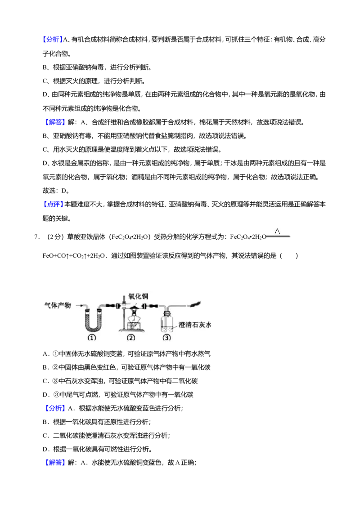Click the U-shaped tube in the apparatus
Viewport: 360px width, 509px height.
pos(92,326)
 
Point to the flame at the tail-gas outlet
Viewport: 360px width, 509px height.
pos(196,304)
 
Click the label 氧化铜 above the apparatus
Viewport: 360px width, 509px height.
pos(139,296)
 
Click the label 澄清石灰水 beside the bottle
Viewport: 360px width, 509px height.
pos(195,325)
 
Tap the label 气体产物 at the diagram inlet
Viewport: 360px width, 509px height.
pos(58,305)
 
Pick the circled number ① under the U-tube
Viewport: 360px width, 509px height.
pos(92,338)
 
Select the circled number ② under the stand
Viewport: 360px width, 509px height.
pos(131,338)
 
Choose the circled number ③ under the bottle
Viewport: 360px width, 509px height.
pos(166,338)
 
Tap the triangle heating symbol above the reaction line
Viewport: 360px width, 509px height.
pos(277,232)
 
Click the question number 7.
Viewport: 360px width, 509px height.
pos(37,237)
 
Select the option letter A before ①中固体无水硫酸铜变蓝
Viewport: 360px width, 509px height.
pos(46,354)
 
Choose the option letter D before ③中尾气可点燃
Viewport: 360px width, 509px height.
pos(46,395)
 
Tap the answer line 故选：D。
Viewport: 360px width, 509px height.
pos(56,191)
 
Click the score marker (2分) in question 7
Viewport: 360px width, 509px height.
pos(54,237)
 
